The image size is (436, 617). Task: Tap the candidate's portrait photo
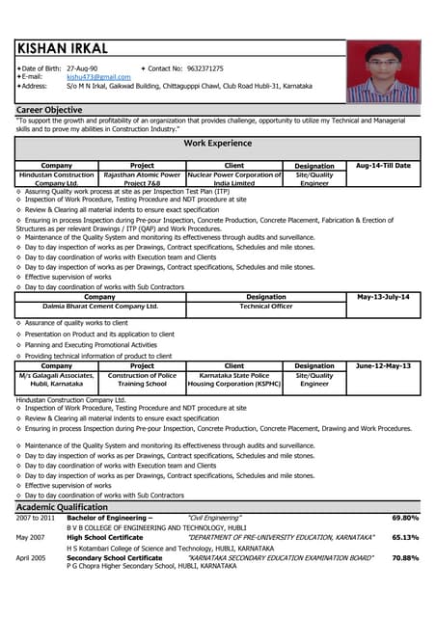pos(383,71)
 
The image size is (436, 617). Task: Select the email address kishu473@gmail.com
pos(98,77)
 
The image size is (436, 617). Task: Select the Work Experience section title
pos(217,144)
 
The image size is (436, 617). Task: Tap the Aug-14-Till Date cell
pos(383,166)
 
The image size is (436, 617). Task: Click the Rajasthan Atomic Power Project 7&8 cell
pos(142,179)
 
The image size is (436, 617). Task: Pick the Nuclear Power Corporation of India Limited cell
pos(234,179)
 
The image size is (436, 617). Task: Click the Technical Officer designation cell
pos(266,307)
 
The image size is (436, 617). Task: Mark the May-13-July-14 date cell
pos(383,297)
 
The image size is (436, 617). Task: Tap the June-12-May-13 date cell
pos(383,366)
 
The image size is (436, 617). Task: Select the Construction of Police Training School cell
pos(142,380)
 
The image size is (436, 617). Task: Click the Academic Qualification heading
pos(62,507)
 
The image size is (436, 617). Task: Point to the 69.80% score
pos(405,519)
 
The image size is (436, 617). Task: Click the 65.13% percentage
pos(405,538)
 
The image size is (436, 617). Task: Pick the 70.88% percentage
pos(405,558)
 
